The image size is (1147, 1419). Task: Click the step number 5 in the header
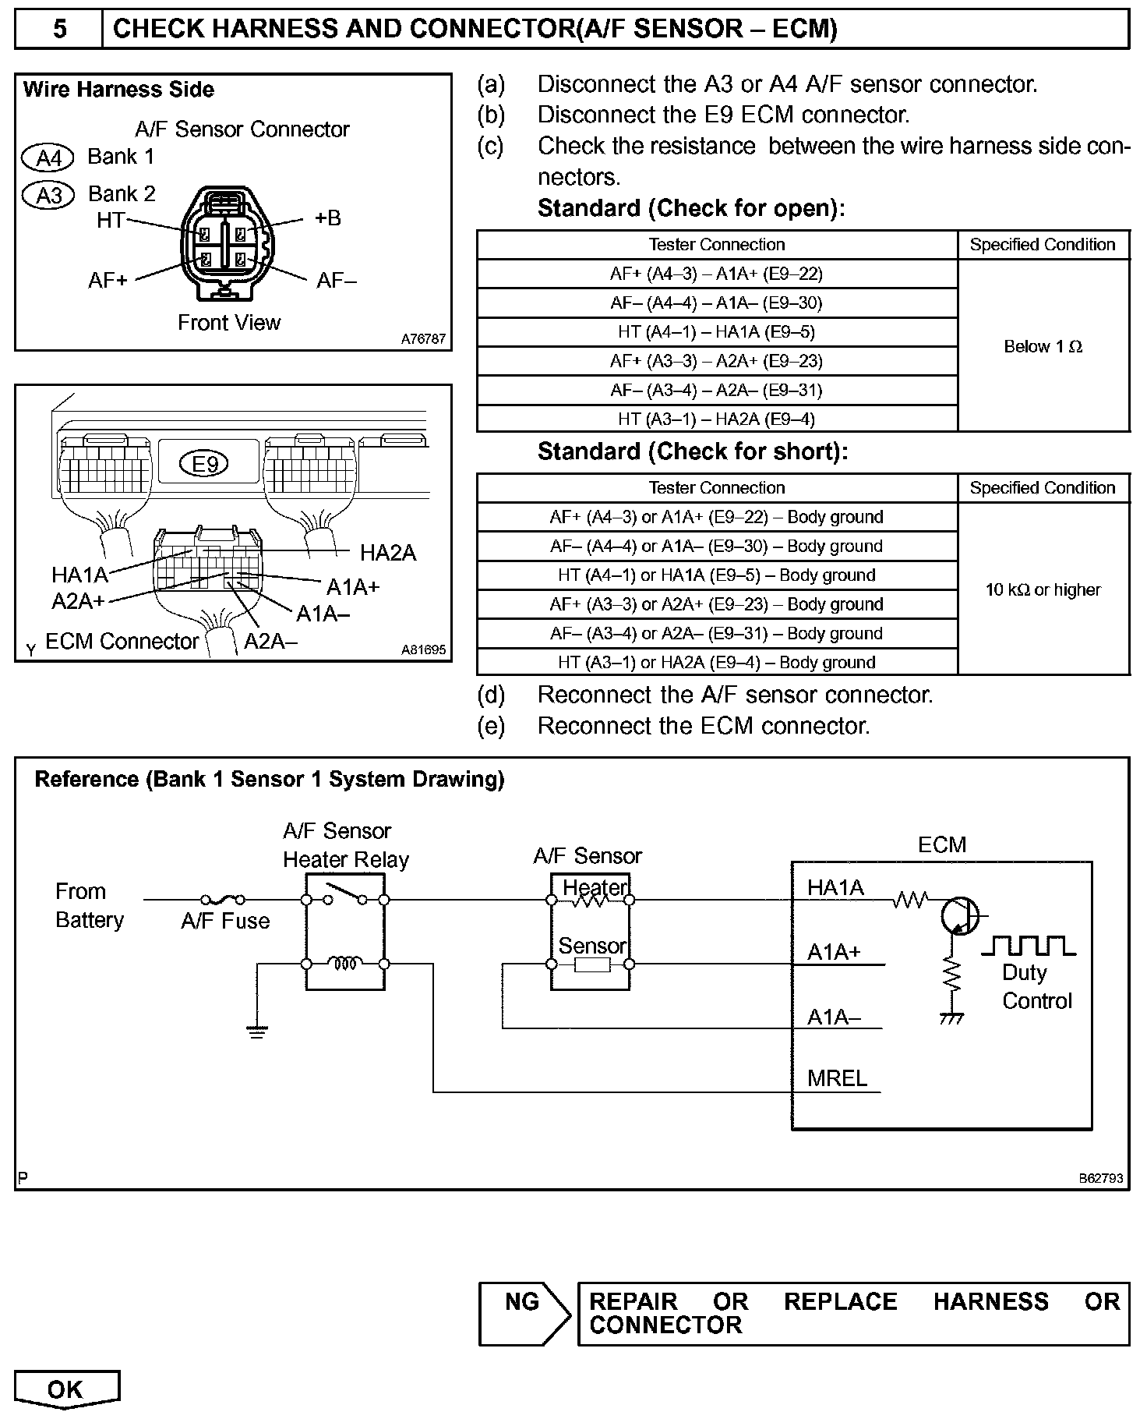59,29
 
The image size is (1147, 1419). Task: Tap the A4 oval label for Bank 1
48,158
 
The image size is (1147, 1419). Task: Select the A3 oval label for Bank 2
48,195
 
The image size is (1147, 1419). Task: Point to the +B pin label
328,218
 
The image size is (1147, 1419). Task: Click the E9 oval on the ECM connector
205,465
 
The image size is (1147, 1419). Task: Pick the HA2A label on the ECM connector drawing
388,554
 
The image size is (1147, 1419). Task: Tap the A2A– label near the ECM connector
271,642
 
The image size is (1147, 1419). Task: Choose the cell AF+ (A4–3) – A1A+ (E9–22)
716,274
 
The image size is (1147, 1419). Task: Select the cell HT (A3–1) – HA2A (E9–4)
716,419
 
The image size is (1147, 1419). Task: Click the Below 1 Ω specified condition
1043,347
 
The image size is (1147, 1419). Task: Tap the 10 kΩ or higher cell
1043,590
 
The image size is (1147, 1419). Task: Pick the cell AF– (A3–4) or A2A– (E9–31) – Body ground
716,634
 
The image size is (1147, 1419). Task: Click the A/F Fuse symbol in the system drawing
223,900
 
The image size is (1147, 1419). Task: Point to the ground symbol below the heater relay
256,1032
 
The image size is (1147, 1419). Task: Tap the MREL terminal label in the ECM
837,1079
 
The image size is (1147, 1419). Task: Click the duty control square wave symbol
1028,946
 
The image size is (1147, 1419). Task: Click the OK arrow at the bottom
66,1390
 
